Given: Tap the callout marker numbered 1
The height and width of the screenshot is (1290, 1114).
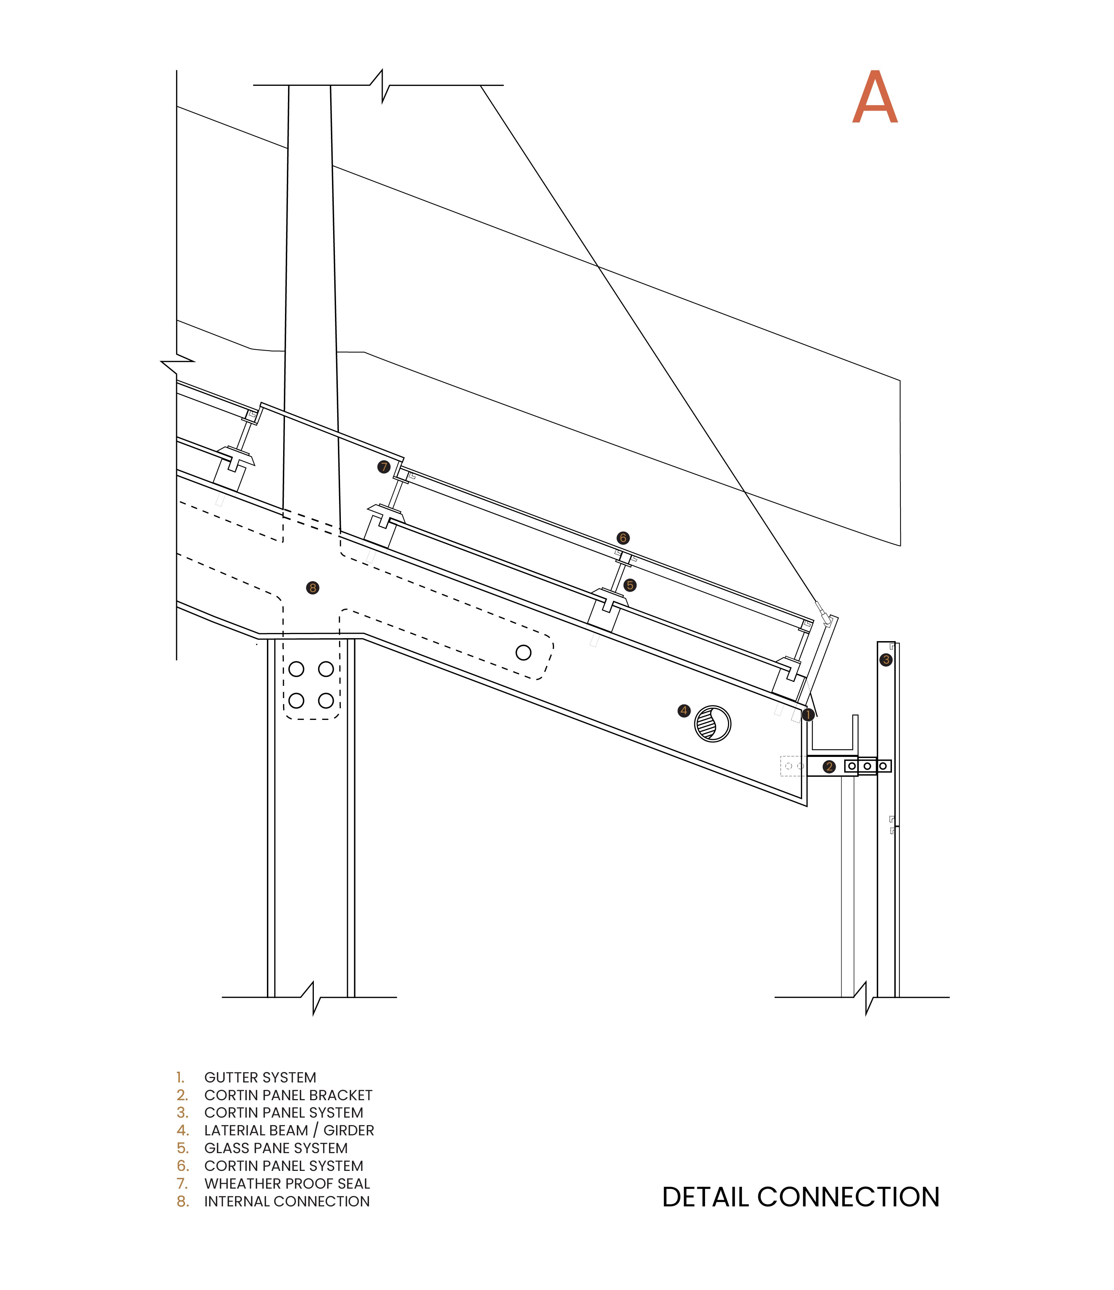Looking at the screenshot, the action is pyautogui.click(x=808, y=715).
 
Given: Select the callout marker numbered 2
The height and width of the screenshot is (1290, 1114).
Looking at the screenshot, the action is pyautogui.click(x=829, y=767).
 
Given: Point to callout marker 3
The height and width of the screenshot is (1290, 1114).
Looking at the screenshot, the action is pyautogui.click(x=886, y=660).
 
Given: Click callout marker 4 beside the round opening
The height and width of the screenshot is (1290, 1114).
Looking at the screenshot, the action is pyautogui.click(x=684, y=710).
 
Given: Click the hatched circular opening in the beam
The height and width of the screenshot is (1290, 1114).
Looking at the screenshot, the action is pyautogui.click(x=712, y=724).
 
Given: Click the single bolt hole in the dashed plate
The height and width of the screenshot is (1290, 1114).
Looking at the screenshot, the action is pyautogui.click(x=524, y=653).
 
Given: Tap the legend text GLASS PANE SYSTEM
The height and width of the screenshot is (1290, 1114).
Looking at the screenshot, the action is pyautogui.click(x=275, y=1148).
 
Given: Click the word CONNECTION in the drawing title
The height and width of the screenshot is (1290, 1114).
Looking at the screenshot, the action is pyautogui.click(x=848, y=1197).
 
